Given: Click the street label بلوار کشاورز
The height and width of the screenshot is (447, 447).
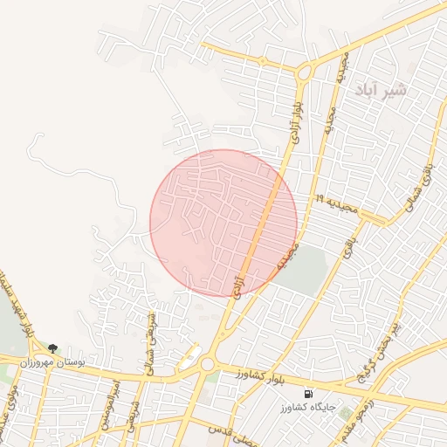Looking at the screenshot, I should [x=260, y=374].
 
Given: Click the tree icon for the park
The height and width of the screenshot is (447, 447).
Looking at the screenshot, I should [x=54, y=347].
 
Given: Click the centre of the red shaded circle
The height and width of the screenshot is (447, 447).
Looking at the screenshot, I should [x=223, y=223].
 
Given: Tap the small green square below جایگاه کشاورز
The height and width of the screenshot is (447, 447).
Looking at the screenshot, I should [x=345, y=412].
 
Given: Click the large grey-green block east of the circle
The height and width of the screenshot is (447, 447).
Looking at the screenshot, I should [x=306, y=271].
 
